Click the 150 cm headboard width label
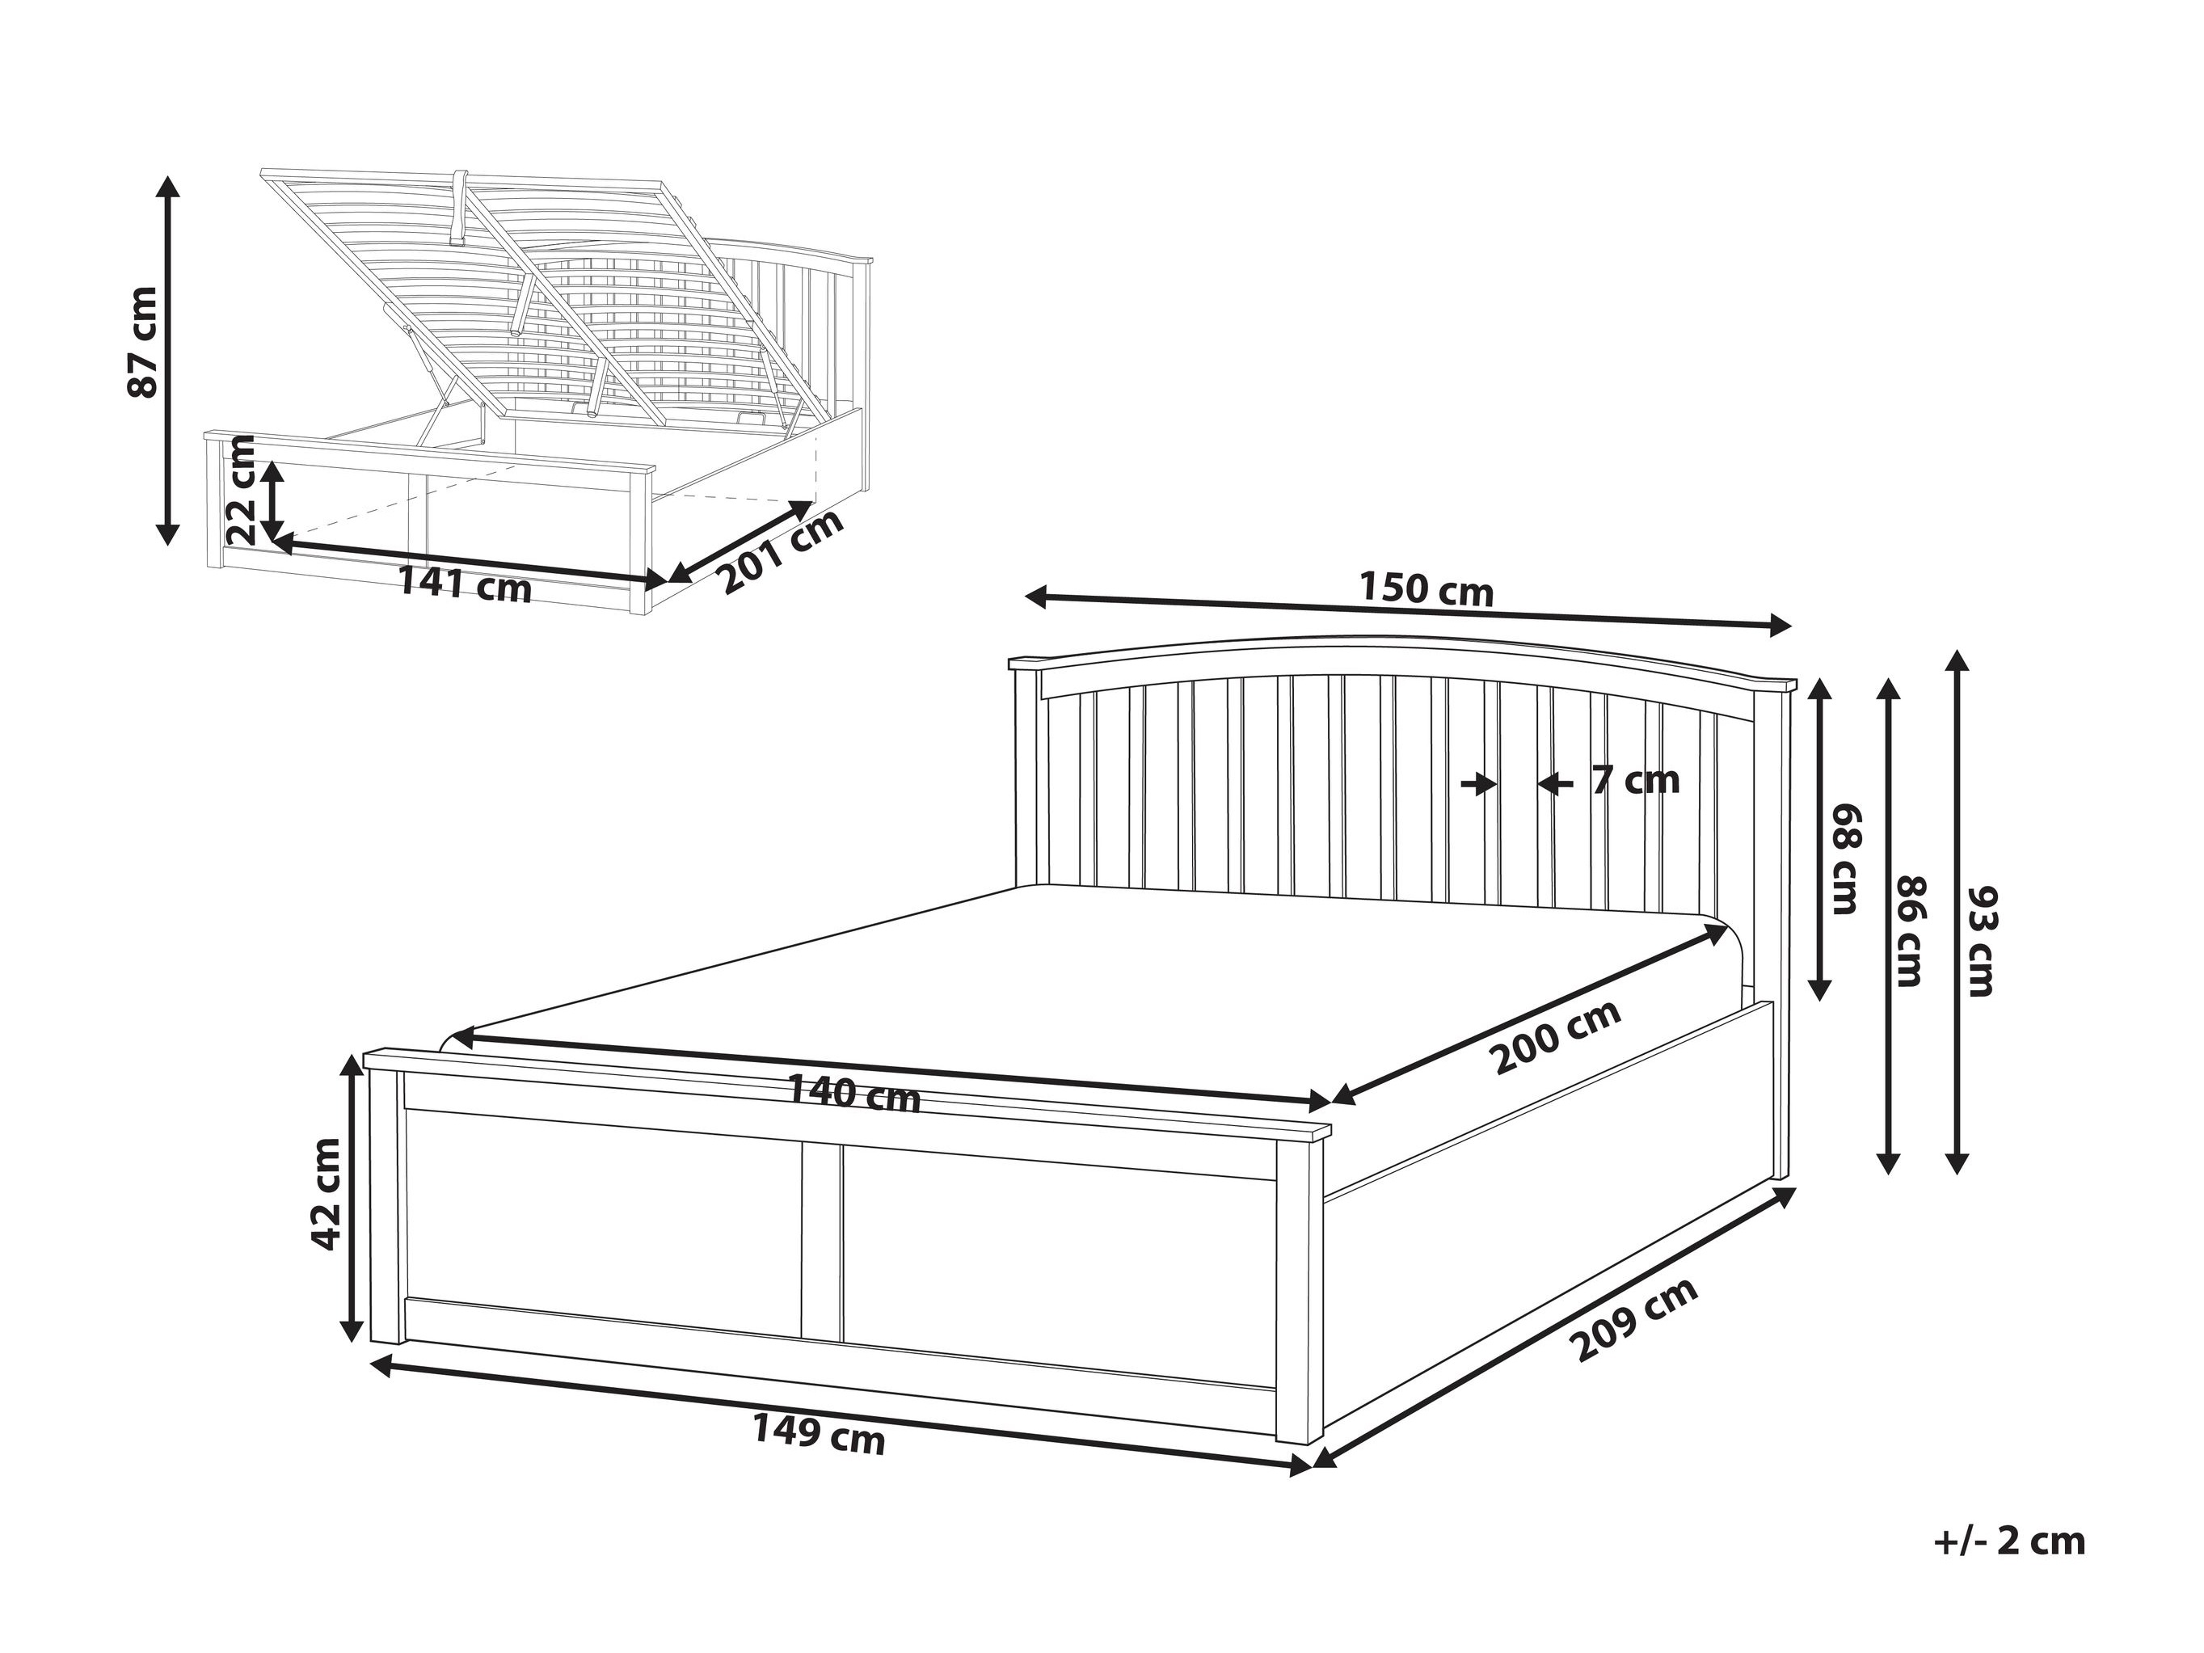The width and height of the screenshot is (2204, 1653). click(1426, 590)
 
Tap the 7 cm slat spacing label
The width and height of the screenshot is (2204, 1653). click(1635, 780)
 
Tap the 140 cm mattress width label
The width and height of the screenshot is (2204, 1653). click(854, 1093)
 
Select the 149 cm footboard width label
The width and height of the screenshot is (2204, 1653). click(818, 1435)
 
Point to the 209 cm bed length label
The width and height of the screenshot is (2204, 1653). click(1633, 1319)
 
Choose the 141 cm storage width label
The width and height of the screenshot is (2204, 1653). click(466, 584)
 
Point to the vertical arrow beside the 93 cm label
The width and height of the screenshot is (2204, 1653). click(1957, 912)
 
